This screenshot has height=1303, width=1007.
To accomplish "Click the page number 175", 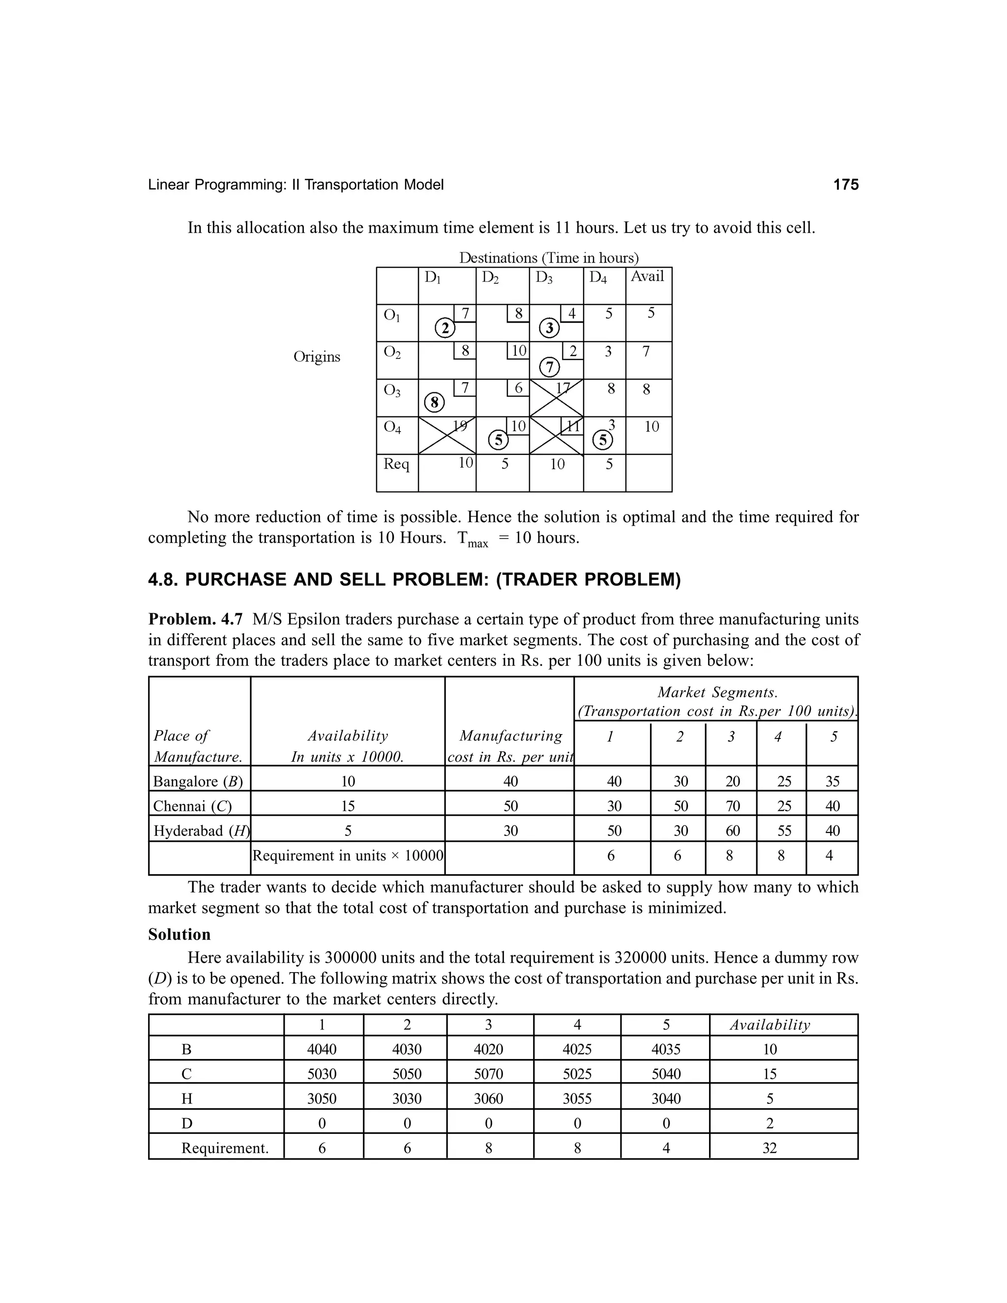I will [x=845, y=185].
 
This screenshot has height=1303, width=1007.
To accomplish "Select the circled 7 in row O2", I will [x=549, y=366].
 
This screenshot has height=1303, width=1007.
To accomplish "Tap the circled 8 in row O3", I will [x=434, y=403].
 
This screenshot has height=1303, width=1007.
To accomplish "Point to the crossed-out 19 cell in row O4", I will [x=447, y=436].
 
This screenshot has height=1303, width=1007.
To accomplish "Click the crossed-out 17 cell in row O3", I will [x=557, y=398].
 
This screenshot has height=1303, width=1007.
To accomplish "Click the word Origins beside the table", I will [x=317, y=357].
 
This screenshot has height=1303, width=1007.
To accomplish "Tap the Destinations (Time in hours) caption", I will [x=548, y=258].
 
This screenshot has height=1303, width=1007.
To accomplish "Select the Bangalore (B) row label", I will [x=198, y=782].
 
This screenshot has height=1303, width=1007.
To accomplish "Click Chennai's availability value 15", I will [x=348, y=806].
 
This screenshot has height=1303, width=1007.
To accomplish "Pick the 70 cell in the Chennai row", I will [x=732, y=806].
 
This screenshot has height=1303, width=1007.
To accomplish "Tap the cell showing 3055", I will [x=577, y=1099].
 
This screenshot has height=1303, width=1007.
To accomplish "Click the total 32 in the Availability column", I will [x=770, y=1149].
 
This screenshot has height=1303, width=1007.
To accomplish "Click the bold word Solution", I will [x=179, y=935].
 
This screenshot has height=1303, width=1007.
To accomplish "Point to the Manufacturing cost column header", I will [x=510, y=746].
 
